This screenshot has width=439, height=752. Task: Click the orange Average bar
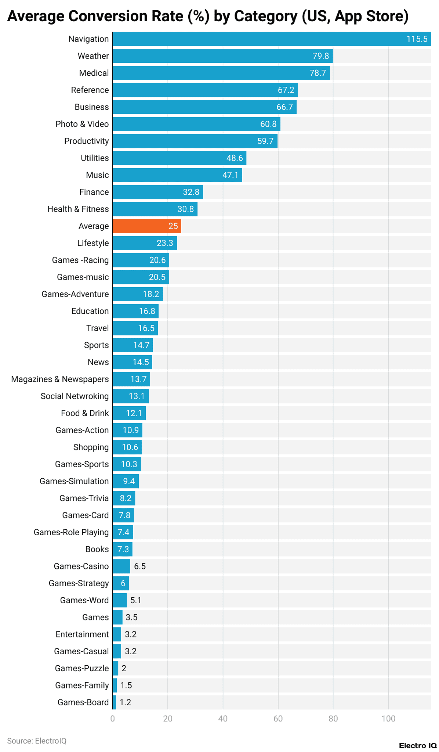(x=147, y=226)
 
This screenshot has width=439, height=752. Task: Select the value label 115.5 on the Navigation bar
(x=417, y=39)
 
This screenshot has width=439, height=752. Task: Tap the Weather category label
(x=93, y=56)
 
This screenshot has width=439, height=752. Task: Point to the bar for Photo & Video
(x=196, y=124)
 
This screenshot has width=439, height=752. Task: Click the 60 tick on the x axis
(x=278, y=719)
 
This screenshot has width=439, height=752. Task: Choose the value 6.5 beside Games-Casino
(x=140, y=566)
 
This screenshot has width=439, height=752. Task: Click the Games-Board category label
(x=83, y=702)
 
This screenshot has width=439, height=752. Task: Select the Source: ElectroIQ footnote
(x=37, y=741)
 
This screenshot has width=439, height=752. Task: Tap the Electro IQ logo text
(x=418, y=745)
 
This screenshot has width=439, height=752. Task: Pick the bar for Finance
(x=158, y=192)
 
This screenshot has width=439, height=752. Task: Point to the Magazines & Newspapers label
(x=60, y=379)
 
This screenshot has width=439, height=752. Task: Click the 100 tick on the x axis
(x=388, y=719)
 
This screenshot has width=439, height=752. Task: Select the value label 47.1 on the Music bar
(x=231, y=175)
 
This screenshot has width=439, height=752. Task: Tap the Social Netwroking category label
(x=75, y=396)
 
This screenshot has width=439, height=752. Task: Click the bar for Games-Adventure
(x=138, y=294)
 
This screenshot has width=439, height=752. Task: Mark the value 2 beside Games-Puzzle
(x=124, y=668)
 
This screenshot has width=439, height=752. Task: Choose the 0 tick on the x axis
(x=113, y=719)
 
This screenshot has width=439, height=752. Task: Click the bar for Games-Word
(x=120, y=600)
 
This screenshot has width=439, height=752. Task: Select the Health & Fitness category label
(x=78, y=209)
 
